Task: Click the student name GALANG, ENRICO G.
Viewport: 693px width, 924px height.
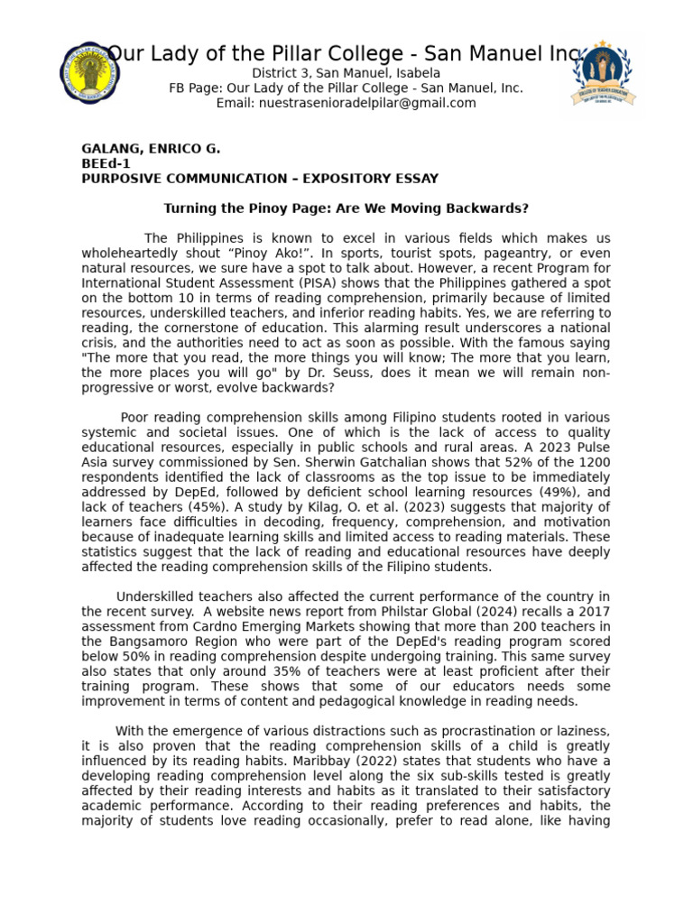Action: click(x=151, y=148)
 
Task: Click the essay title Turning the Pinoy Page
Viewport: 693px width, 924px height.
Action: click(x=346, y=208)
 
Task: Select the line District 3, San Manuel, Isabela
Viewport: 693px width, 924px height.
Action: click(x=346, y=73)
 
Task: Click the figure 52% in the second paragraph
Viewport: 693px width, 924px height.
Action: click(x=482, y=462)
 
